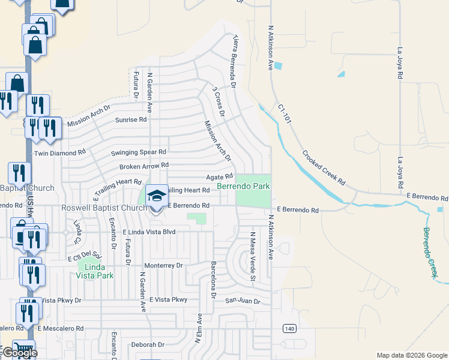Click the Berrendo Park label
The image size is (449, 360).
click(243, 187)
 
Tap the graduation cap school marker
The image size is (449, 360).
click(157, 196)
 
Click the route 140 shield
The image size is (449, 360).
click(291, 328)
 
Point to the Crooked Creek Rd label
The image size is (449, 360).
click(324, 168)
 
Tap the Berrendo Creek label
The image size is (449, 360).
click(430, 252)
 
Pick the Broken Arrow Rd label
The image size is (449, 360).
click(144, 166)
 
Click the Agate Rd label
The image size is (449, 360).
click(219, 177)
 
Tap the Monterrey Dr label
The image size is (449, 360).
click(163, 265)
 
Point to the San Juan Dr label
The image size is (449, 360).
click(243, 301)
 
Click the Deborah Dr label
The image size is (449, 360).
click(148, 344)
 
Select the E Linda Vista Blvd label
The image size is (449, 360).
click(149, 232)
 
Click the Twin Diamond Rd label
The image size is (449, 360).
click(60, 153)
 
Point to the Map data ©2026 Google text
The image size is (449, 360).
click(411, 355)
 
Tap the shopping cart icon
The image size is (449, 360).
click(24, 349)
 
